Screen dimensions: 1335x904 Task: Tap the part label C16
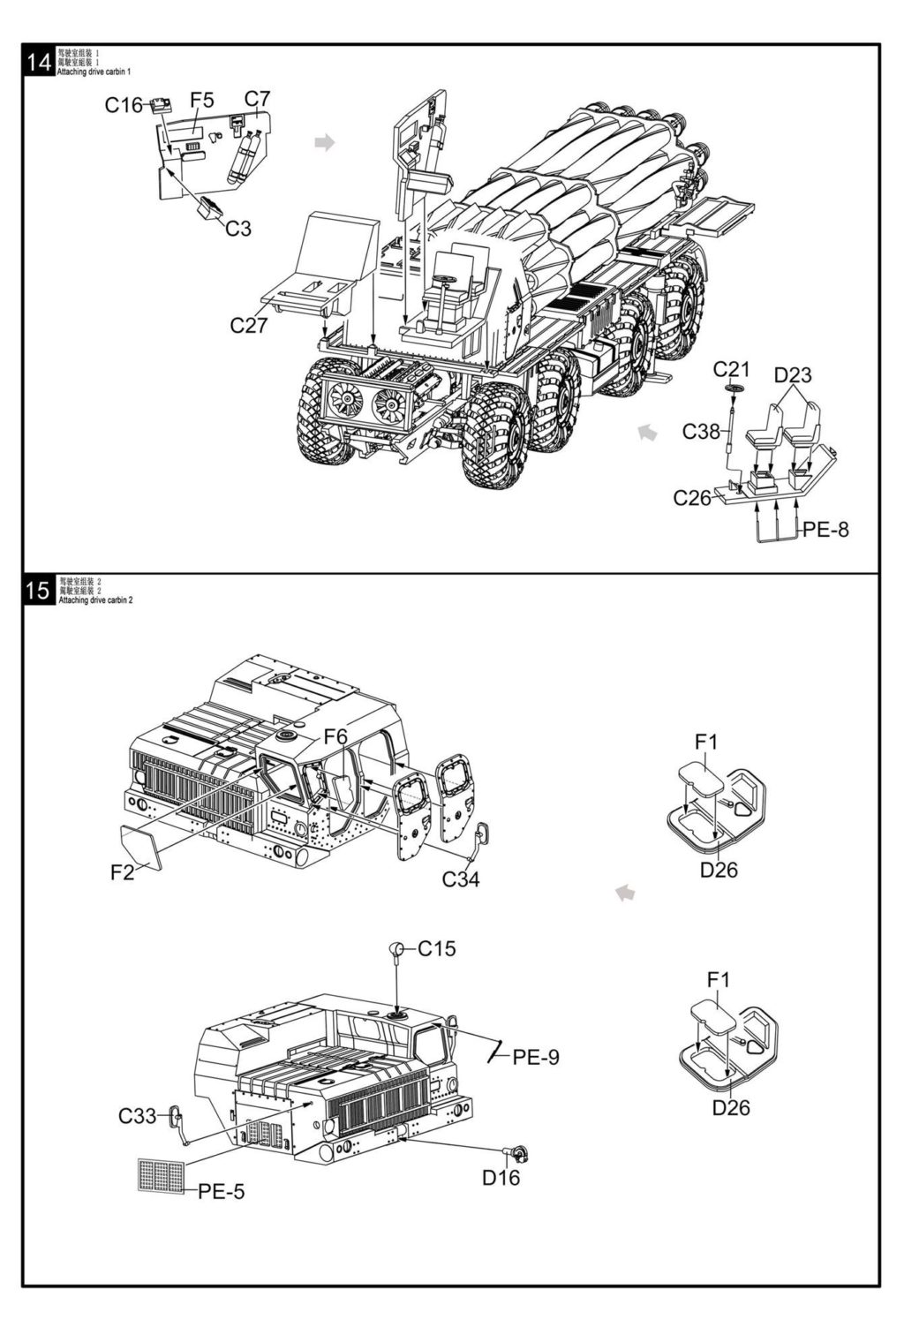123,106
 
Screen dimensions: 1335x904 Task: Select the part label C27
248,326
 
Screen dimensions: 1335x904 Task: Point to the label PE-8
825,530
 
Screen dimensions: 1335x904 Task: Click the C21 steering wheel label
731,369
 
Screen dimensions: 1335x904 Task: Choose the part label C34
461,879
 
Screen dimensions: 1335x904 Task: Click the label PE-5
221,1192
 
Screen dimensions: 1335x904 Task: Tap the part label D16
501,1177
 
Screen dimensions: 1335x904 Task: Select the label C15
437,949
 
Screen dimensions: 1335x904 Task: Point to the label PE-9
536,1057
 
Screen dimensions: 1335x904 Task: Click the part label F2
122,873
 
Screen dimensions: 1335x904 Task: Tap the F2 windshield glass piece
141,846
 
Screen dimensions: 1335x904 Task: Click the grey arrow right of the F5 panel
326,142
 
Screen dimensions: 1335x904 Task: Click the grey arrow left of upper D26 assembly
625,893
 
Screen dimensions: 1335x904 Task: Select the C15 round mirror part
396,950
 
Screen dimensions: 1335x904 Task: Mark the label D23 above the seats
793,375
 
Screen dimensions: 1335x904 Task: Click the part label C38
701,432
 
